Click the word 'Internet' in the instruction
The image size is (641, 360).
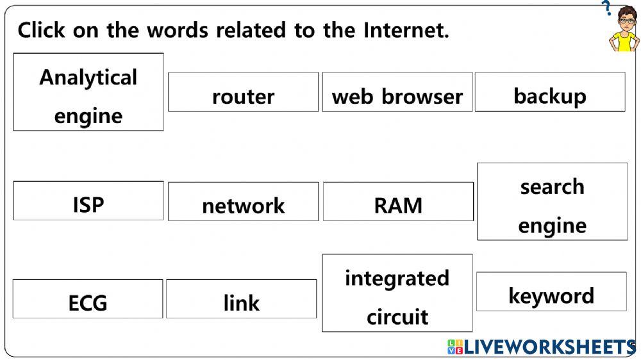pyautogui.click(x=405, y=30)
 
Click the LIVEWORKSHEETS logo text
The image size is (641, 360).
pyautogui.click(x=549, y=347)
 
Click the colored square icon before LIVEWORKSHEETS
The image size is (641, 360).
pyautogui.click(x=455, y=347)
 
